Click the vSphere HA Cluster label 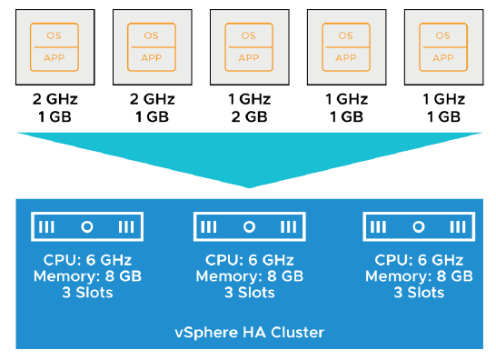coord(248,333)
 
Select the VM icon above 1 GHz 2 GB coord(248,45)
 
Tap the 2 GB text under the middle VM coord(248,117)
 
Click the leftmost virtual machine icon coord(55,45)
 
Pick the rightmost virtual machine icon coord(441,45)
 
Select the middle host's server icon coord(248,226)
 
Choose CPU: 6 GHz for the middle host coord(248,260)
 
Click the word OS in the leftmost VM coord(55,35)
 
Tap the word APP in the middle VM coord(248,55)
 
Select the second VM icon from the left coord(152,45)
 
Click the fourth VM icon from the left coord(344,45)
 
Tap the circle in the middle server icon coord(248,226)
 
